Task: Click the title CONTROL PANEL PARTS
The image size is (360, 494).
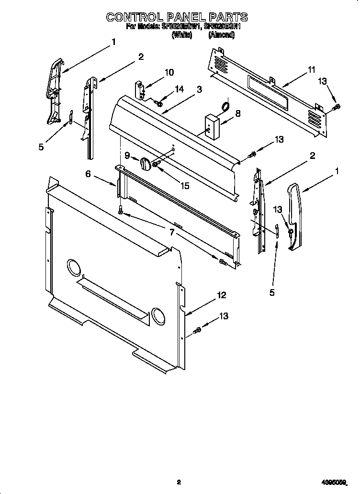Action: [x=177, y=17]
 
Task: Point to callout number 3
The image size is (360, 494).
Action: [x=199, y=90]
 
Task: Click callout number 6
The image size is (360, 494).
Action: [x=88, y=174]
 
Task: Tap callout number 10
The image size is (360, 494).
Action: [x=169, y=72]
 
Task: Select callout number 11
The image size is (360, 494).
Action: [x=312, y=70]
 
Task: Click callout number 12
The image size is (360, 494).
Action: [x=221, y=296]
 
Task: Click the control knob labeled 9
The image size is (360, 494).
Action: [x=145, y=164]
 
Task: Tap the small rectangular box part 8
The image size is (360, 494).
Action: [x=211, y=125]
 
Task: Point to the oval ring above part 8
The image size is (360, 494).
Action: [x=224, y=106]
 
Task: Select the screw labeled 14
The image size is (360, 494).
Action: [x=158, y=101]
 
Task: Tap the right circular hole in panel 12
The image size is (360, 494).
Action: [x=157, y=314]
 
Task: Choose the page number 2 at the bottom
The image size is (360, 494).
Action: [x=178, y=483]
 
